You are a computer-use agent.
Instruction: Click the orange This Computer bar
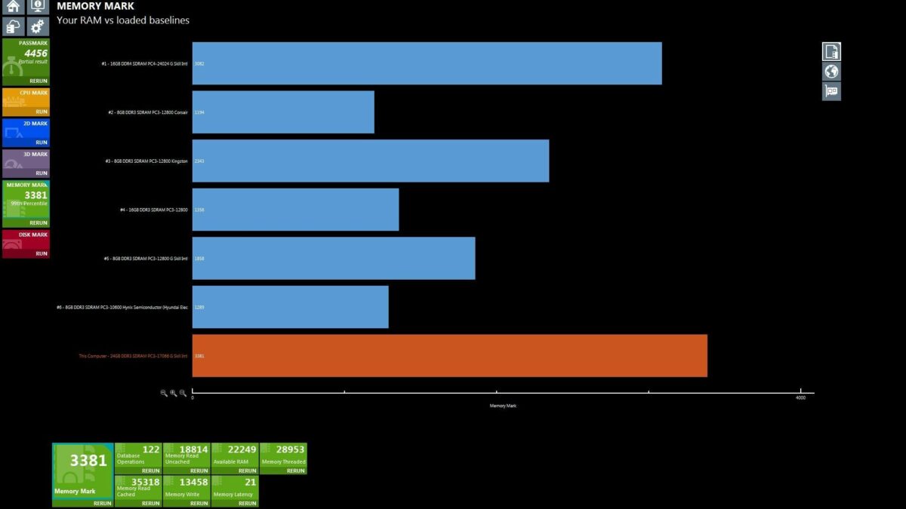pyautogui.click(x=449, y=355)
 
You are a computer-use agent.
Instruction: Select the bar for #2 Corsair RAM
pyautogui.click(x=283, y=112)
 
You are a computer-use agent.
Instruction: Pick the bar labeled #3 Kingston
pyautogui.click(x=370, y=161)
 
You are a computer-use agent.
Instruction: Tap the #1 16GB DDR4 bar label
pyautogui.click(x=144, y=63)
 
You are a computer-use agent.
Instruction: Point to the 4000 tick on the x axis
pyautogui.click(x=800, y=397)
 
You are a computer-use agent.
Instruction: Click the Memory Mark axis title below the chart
pyautogui.click(x=503, y=406)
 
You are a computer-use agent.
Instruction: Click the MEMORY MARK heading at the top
pyautogui.click(x=95, y=6)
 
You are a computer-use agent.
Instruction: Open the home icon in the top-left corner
pyautogui.click(x=13, y=7)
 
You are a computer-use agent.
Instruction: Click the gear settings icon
pyautogui.click(x=37, y=26)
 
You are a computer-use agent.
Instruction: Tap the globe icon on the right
pyautogui.click(x=831, y=72)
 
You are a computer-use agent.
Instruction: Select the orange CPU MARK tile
pyautogui.click(x=26, y=101)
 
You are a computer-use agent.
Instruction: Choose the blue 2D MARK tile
pyautogui.click(x=26, y=132)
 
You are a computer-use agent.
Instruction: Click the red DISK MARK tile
pyautogui.click(x=26, y=244)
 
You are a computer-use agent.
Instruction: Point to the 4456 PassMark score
pyautogui.click(x=35, y=53)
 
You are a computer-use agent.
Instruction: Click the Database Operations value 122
pyautogui.click(x=151, y=449)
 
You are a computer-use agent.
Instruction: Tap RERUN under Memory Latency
pyautogui.click(x=247, y=503)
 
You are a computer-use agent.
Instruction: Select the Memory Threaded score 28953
pyautogui.click(x=290, y=449)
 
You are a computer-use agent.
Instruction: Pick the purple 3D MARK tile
pyautogui.click(x=26, y=163)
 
